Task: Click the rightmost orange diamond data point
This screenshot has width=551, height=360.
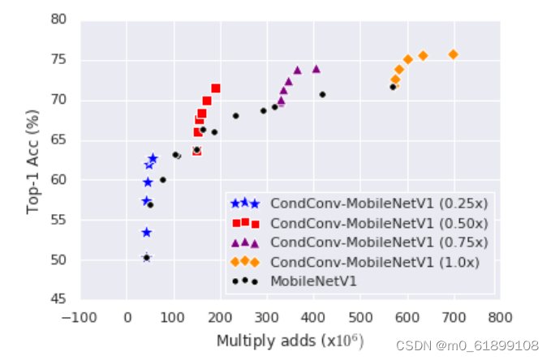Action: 454,54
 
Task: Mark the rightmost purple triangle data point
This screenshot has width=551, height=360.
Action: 316,69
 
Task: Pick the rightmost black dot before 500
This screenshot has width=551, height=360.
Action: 322,95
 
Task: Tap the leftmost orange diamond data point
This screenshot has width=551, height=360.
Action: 395,79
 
